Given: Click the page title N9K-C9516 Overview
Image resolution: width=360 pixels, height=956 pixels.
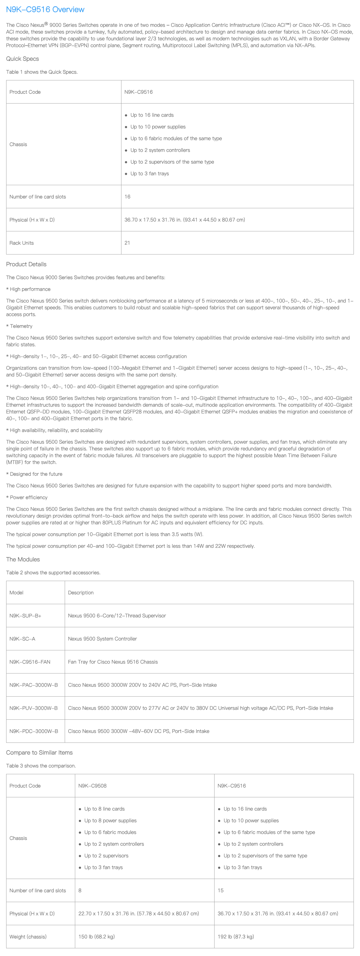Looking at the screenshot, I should tap(45, 10).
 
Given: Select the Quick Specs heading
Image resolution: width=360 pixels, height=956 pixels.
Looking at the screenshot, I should tap(22, 59).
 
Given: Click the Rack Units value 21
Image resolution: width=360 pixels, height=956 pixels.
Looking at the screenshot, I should tap(127, 243).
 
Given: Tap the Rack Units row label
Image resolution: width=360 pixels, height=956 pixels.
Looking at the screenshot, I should tap(22, 243).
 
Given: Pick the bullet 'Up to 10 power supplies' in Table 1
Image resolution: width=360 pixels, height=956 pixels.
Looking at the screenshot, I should tap(158, 127).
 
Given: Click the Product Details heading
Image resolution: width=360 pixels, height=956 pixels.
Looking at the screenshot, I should tap(26, 264).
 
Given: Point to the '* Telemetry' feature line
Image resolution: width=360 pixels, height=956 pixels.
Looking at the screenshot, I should tap(19, 326).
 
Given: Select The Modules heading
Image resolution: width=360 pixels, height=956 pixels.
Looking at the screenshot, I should tap(22, 559).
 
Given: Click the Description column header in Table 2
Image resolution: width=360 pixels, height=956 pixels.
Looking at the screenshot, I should tap(80, 593).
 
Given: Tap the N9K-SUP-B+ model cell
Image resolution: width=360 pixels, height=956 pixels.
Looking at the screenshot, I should tap(25, 616).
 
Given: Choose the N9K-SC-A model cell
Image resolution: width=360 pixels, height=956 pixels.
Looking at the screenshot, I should tap(22, 639).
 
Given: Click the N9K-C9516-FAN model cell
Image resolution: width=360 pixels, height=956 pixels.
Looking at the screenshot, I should tap(30, 662).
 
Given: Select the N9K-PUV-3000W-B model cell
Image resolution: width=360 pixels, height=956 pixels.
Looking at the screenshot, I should tap(33, 708).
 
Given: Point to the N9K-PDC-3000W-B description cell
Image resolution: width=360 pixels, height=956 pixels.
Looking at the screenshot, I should tap(138, 731).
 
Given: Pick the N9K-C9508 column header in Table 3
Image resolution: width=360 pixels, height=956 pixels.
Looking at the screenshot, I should tap(92, 786).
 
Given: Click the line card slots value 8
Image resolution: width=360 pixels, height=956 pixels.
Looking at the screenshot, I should tap(80, 890).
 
